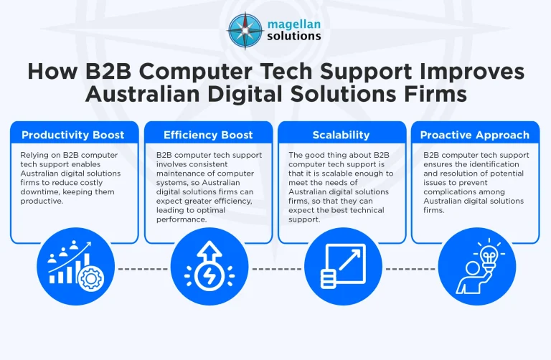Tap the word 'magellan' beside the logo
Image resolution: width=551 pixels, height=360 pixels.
click(293, 22)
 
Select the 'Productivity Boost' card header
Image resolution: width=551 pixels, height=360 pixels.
click(72, 135)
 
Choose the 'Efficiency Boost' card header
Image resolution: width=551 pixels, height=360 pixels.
click(208, 135)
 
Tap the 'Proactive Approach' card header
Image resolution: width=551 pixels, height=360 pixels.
click(475, 135)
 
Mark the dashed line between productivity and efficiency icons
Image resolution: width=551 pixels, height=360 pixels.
click(140, 270)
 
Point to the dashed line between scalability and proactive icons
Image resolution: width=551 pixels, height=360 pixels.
click(408, 270)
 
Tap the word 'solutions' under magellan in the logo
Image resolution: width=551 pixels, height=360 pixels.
click(294, 35)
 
